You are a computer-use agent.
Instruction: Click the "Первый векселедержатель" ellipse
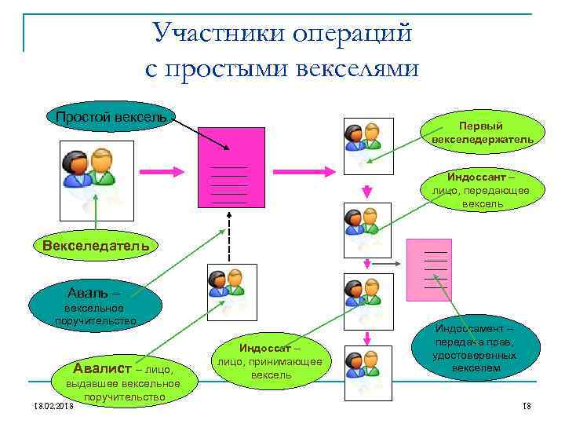[x=482, y=132]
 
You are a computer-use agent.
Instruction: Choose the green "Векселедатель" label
[x=96, y=245]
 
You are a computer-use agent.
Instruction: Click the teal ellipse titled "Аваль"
[x=95, y=302]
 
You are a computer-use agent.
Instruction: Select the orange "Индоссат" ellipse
[x=271, y=360]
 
